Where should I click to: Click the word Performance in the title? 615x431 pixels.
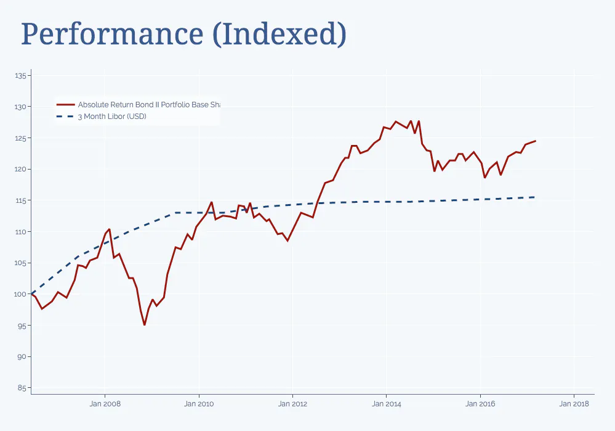click(x=111, y=35)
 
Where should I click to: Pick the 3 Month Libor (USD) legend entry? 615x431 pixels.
click(x=111, y=117)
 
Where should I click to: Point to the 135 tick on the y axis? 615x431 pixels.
click(x=21, y=76)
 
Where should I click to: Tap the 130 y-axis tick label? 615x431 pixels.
click(x=21, y=107)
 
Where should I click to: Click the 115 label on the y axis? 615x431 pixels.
click(x=21, y=200)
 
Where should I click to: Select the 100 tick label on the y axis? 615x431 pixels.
click(x=21, y=294)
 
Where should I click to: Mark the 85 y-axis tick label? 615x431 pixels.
click(x=22, y=388)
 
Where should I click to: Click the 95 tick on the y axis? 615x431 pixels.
click(x=22, y=326)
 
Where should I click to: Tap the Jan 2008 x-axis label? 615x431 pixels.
click(x=105, y=404)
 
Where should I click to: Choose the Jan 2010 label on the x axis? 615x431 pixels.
click(x=199, y=404)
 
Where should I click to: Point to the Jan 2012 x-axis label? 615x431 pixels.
click(x=292, y=404)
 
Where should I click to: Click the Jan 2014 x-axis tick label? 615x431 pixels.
click(x=387, y=404)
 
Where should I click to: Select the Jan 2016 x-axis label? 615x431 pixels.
click(x=480, y=404)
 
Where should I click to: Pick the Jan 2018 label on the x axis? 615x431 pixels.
click(x=574, y=404)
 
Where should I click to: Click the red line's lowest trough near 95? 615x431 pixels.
click(x=145, y=325)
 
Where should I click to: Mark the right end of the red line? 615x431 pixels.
click(x=536, y=141)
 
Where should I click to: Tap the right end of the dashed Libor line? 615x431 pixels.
click(x=534, y=197)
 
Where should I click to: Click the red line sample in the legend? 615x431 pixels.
click(x=65, y=105)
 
